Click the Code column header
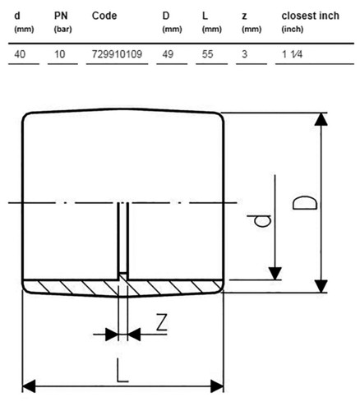coord(104,16)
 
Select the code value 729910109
coord(117,54)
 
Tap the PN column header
coord(61,16)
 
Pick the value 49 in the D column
coord(168,54)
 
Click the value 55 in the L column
coord(207,54)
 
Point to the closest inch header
coord(311,16)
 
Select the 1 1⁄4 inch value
coord(292,54)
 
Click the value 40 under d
coord(20,54)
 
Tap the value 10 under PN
coord(59,54)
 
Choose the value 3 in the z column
coord(244,54)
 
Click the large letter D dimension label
coord(305,203)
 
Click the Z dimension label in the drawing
coord(162,322)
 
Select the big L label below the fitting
coord(122,370)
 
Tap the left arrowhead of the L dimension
coord(29,386)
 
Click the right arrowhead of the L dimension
coord(217,386)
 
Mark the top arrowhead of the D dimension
coord(321,119)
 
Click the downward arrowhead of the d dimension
coord(275,274)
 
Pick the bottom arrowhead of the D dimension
coord(321,286)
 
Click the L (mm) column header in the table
coord(211,22)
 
